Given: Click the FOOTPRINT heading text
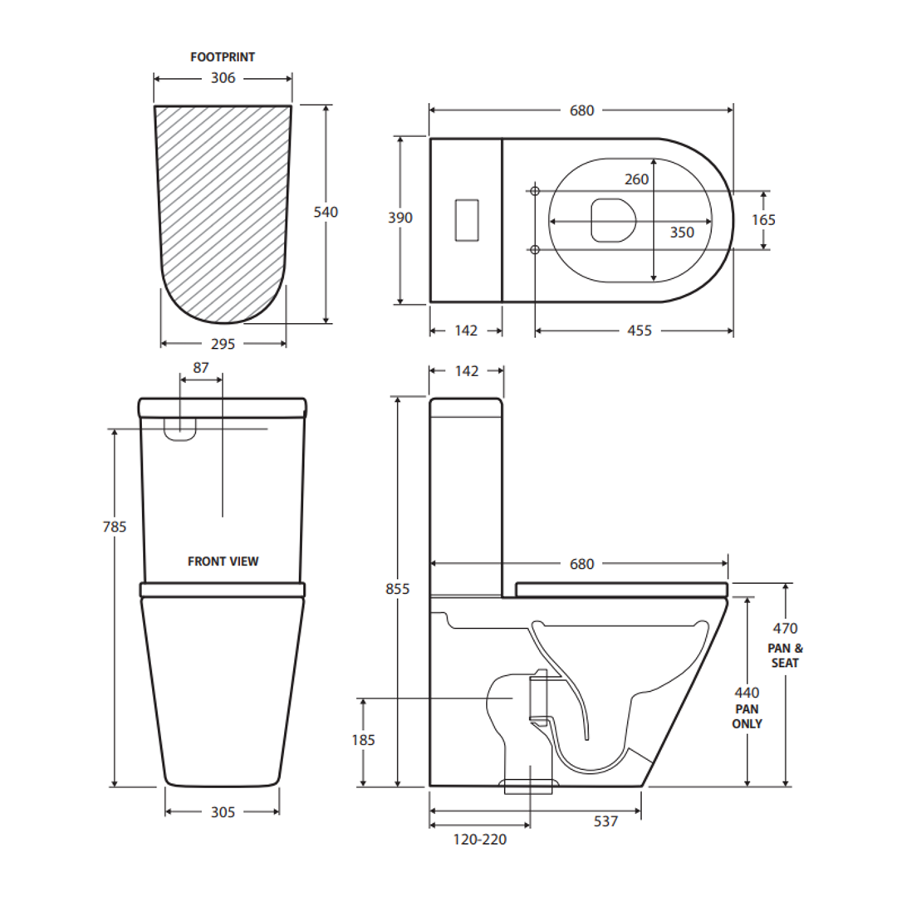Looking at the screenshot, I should pos(223,57).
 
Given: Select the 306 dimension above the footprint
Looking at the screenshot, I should pos(223,78).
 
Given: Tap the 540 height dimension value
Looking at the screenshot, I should pos(326,212).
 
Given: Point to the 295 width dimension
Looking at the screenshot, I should pos(223,344).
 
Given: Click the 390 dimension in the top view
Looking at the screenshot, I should pos(400,218).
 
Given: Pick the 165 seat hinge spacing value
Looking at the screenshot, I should pos(763,219).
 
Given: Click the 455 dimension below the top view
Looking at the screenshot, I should pos(640,331).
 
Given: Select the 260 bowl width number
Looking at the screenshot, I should pos(637,179).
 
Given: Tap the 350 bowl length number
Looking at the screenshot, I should pos(682,233).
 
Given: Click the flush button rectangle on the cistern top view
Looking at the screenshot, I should pos(468,219).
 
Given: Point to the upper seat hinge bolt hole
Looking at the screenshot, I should pos(535,191).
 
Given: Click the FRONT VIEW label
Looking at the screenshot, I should pos(223,561).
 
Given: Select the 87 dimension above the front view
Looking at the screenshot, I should pos(201,367).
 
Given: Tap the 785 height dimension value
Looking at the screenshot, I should pos(115,527).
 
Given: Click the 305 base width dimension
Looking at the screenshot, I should pos(223,812).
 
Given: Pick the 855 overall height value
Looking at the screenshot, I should pos(399,589).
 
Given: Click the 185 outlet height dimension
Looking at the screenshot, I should pos(364,739).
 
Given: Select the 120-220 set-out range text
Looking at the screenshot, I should pos(480,840).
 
